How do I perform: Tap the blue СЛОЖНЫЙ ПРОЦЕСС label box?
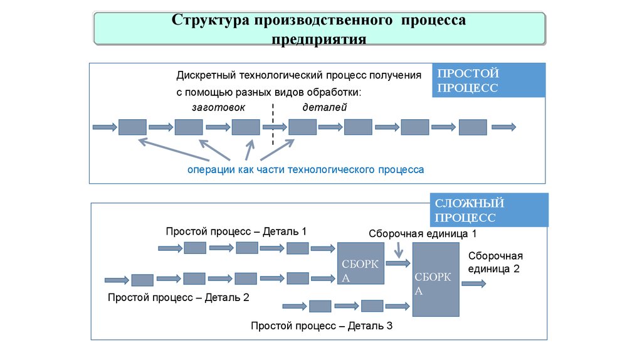(489, 210)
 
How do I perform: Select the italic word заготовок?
(219, 107)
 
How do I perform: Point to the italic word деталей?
(325, 107)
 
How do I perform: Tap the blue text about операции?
(305, 169)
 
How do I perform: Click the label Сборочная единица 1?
(423, 233)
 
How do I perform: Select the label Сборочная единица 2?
(495, 262)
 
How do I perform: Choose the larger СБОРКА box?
(436, 279)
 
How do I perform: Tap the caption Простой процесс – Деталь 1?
(236, 231)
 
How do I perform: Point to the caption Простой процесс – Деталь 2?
(178, 297)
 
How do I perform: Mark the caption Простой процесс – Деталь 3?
(321, 326)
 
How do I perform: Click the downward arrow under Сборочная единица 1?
(399, 250)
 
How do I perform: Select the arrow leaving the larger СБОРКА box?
(474, 283)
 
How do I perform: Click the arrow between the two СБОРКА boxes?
(397, 263)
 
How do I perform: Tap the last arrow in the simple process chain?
(504, 127)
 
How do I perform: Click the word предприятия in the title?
(319, 40)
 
